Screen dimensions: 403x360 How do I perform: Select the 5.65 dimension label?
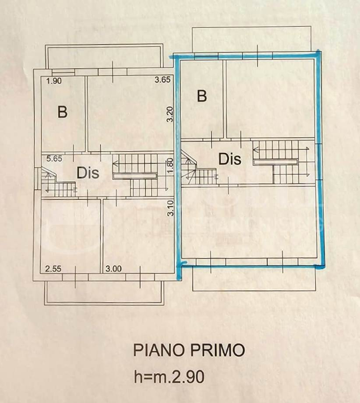pos(54,158)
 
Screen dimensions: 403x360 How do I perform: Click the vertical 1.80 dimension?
pos(171,167)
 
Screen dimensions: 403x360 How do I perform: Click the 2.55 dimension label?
pos(53,269)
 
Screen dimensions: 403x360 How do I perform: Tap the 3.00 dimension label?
pos(113,269)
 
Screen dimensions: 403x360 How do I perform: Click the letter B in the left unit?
pos(63,112)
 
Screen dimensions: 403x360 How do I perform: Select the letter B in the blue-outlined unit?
pos(202,96)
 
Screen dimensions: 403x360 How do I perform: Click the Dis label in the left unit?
pos(88,173)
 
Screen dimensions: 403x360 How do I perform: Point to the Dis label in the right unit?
pos(230,159)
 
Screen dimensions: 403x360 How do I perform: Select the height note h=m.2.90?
pos(169,377)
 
